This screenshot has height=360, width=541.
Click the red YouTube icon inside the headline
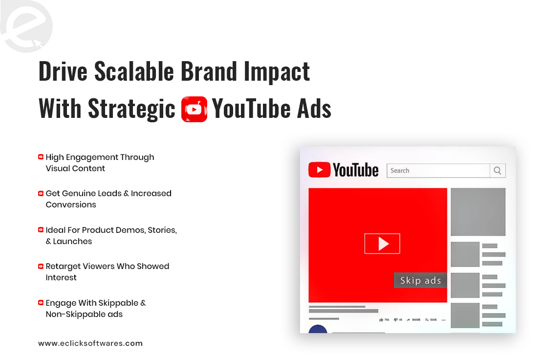[194, 109]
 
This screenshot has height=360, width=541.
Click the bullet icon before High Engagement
[41, 157]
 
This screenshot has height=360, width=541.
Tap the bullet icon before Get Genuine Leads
[41, 193]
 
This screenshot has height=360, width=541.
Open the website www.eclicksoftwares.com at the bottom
[90, 343]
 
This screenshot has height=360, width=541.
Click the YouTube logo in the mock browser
[344, 170]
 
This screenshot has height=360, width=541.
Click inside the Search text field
[438, 171]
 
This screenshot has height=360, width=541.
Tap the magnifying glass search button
[498, 171]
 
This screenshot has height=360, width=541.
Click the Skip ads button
[420, 280]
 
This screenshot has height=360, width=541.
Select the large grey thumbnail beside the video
[477, 212]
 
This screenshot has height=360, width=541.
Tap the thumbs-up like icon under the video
[381, 320]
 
